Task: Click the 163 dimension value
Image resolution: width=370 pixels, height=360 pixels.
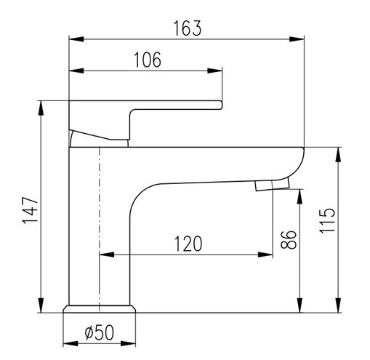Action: click(x=188, y=28)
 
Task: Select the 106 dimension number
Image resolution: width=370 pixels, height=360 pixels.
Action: click(x=148, y=60)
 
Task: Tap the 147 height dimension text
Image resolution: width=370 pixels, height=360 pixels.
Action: click(x=31, y=210)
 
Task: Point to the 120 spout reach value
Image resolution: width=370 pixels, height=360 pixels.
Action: click(x=188, y=244)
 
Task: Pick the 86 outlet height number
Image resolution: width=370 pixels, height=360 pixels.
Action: click(x=289, y=240)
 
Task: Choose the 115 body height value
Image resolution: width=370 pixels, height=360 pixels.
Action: click(x=327, y=220)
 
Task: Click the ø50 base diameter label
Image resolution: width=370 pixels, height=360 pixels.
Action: click(x=100, y=332)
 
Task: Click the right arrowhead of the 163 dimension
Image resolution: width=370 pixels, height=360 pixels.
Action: click(x=297, y=39)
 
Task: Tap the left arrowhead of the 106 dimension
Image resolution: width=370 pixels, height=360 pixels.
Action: click(x=76, y=71)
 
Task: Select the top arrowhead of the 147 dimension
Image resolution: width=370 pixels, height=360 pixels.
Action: click(x=41, y=108)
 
